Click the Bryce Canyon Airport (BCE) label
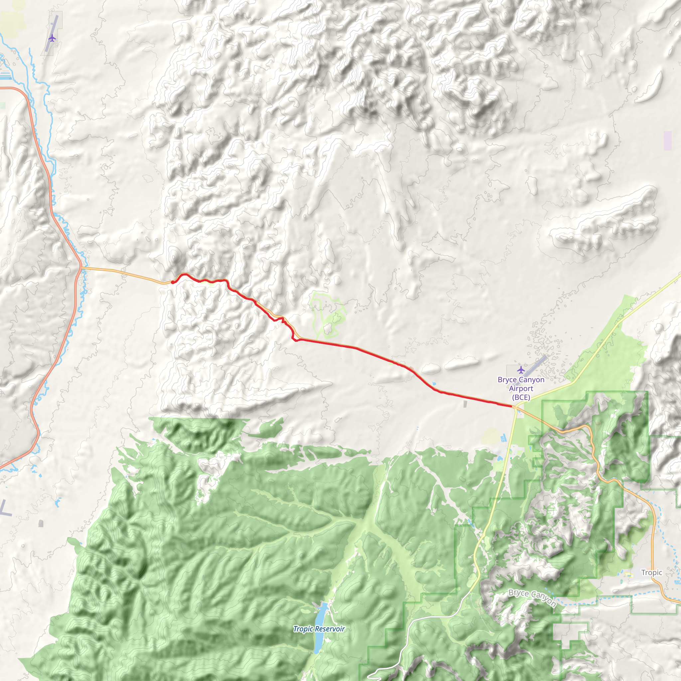(x=521, y=388)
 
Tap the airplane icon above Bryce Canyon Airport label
(x=521, y=370)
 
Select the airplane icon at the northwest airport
(x=52, y=38)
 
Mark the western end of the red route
(x=172, y=282)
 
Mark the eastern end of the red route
(x=511, y=406)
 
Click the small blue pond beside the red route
(x=433, y=383)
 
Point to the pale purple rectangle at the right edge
(x=668, y=141)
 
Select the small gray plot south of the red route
(x=466, y=404)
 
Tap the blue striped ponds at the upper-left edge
(x=6, y=75)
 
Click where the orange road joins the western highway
(x=81, y=268)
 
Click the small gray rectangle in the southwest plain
(x=41, y=523)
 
